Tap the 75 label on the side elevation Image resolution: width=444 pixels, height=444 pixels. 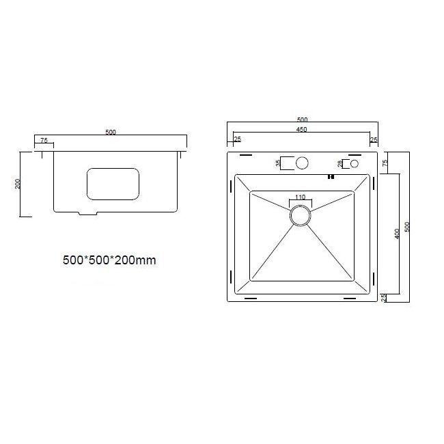tap(44, 140)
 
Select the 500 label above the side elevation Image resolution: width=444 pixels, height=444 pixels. tap(111, 132)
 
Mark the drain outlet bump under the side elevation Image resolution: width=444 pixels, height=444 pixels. tap(88, 214)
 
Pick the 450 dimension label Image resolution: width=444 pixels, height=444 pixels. tap(301, 130)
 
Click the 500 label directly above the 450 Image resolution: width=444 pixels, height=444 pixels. tap(301, 120)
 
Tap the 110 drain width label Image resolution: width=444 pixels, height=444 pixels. tap(300, 198)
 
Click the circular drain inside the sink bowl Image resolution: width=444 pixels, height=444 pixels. tap(301, 215)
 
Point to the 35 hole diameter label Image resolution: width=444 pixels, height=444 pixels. tap(278, 163)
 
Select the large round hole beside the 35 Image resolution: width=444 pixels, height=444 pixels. tap(301, 163)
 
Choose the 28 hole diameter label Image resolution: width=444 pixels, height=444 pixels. tap(339, 164)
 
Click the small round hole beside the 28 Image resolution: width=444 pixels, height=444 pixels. tap(354, 164)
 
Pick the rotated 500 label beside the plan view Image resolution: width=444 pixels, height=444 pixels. tap(407, 226)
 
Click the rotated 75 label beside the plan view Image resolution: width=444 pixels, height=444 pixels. tap(385, 163)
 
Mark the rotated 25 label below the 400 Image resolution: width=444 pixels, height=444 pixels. tap(385, 297)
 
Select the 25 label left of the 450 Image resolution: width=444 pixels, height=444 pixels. tap(237, 139)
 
